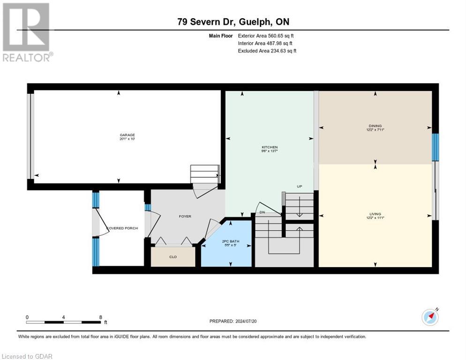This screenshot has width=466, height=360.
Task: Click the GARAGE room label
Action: coord(127,135)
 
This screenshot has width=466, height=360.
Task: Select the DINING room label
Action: coord(375,126)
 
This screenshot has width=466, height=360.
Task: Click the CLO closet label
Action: coord(173,257)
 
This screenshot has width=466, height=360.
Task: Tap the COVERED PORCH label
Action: coord(122,228)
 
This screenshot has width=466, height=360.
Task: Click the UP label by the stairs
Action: coord(299,187)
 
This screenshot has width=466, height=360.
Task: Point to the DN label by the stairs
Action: coord(263,212)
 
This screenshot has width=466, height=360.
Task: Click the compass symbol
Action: coord(430,317)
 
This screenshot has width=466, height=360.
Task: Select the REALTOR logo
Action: coord(27,32)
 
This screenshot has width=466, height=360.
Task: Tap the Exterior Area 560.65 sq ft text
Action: coord(266,36)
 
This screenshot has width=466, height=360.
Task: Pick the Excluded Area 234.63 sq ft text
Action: coord(267,51)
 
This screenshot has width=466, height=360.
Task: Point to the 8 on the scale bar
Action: coord(100,317)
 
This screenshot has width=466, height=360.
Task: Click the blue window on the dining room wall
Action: coord(435,147)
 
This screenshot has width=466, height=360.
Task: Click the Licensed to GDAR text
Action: coord(28,356)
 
